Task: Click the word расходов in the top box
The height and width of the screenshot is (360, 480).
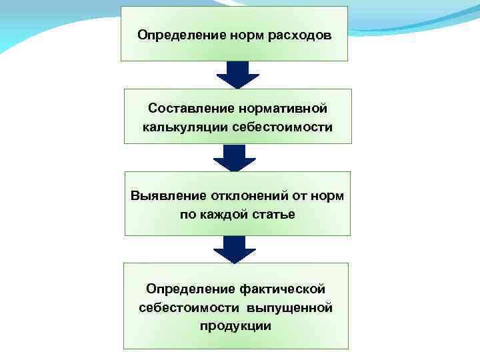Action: pos(299,34)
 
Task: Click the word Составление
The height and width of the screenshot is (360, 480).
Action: pos(190,108)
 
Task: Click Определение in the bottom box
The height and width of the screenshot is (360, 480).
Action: pos(188,289)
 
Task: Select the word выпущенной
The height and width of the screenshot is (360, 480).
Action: pos(289,307)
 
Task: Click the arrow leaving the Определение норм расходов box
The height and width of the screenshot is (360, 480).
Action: pos(237,75)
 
